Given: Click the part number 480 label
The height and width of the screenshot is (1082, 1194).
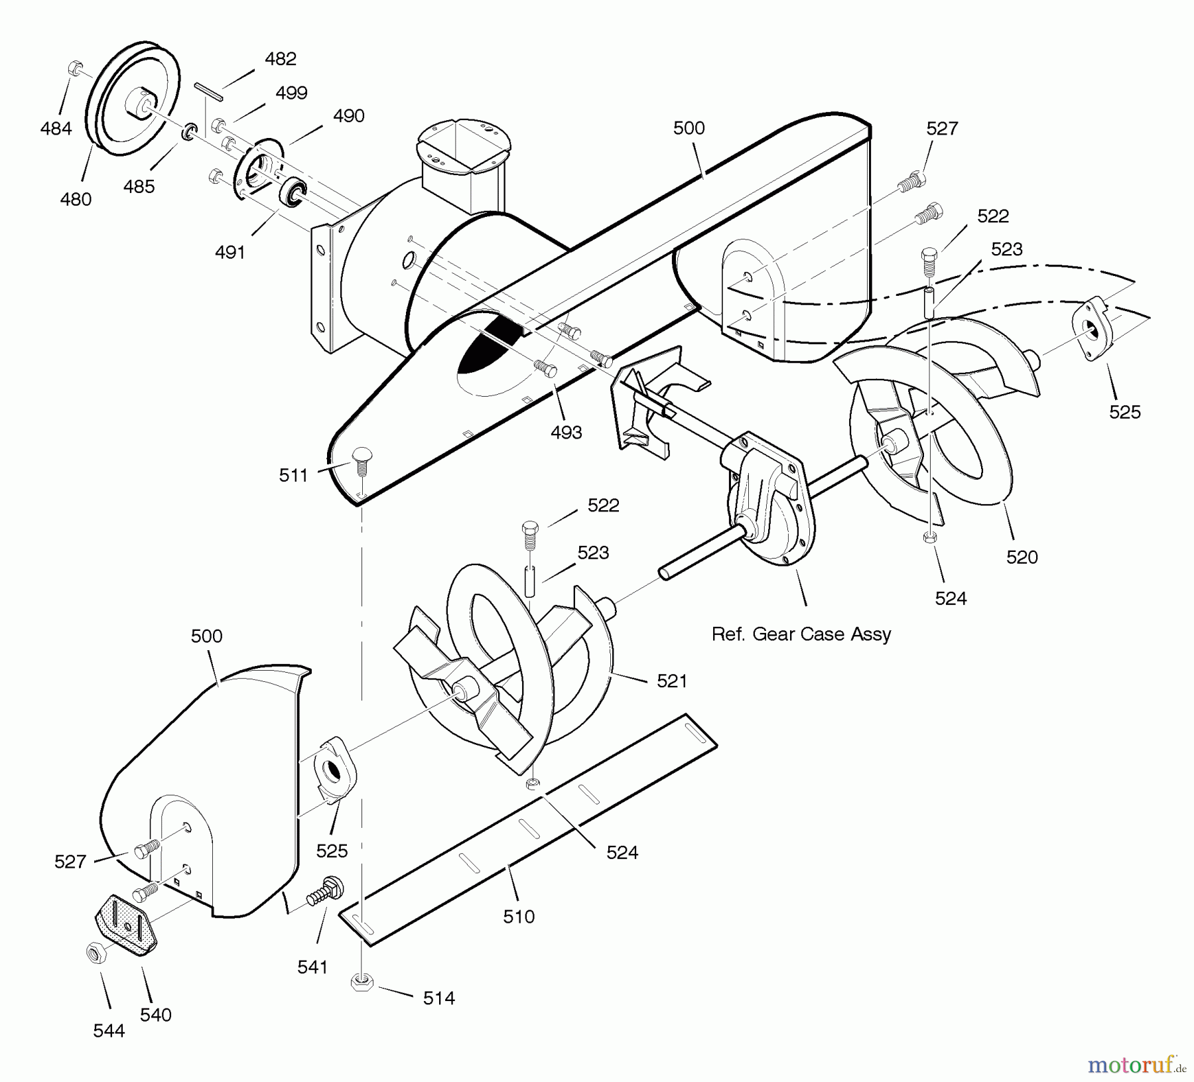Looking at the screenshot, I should (76, 199).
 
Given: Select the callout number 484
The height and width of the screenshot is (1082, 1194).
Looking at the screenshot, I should (56, 128).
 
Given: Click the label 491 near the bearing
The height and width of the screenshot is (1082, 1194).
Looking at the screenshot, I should (230, 252).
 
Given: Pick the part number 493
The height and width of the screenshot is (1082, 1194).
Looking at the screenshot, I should (566, 433).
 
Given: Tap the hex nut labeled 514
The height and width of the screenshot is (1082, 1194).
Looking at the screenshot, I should (361, 983).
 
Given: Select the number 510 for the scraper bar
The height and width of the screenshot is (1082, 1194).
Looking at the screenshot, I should (519, 917).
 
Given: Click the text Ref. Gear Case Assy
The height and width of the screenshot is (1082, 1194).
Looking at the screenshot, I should (801, 634).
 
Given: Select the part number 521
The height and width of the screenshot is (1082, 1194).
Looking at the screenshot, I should (671, 681).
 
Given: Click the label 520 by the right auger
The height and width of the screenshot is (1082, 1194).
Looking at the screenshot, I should (1022, 557).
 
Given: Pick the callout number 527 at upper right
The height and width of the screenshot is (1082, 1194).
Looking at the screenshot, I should (942, 129).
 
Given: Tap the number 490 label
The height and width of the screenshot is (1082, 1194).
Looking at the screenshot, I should (349, 116).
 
